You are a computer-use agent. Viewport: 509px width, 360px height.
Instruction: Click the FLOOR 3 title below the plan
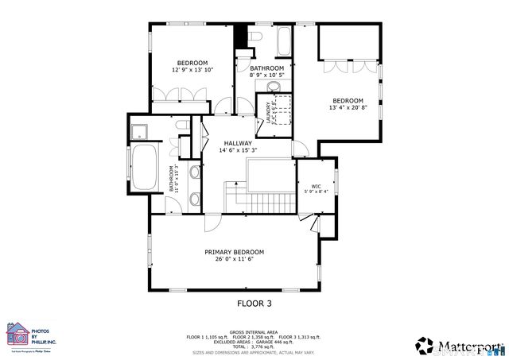coord(254,303)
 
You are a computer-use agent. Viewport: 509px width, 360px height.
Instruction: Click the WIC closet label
coord(315,186)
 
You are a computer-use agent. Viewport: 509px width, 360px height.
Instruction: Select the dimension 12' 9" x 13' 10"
coord(192,70)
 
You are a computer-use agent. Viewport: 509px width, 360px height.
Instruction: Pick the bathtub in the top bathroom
coord(282,41)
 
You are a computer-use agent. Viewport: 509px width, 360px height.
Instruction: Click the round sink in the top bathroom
coord(274,85)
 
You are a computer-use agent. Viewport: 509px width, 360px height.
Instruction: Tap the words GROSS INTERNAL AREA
coord(254,331)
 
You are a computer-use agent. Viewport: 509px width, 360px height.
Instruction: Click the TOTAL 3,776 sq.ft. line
coord(254,346)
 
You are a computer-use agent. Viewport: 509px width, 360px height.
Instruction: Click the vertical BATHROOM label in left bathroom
coord(169,179)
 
